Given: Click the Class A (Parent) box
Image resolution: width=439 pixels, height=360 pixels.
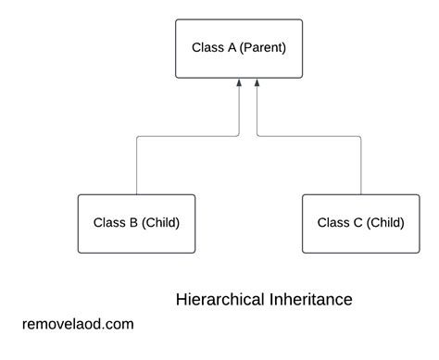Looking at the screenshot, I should pos(238,48).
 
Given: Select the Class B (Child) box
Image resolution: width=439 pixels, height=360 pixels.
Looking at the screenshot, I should pos(136,223).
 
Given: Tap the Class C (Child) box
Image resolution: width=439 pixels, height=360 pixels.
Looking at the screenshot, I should pos(360,223).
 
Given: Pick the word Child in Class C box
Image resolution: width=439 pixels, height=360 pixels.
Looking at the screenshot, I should pos(384,222).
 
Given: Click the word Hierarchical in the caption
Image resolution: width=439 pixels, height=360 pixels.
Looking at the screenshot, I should pos(217,300).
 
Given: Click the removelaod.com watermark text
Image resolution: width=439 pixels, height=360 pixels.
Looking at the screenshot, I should pos(78,324).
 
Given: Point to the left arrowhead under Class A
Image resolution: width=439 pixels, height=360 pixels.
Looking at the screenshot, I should pos(239,84).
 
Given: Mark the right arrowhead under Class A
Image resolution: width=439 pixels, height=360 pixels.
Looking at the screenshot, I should pos(256,84).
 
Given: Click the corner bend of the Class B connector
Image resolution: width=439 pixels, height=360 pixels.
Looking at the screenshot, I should pos(137,137).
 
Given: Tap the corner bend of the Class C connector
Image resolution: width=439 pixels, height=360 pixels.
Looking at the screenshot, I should pos(360,137).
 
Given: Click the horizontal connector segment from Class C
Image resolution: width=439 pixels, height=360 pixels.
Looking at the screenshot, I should pos(308,137).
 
